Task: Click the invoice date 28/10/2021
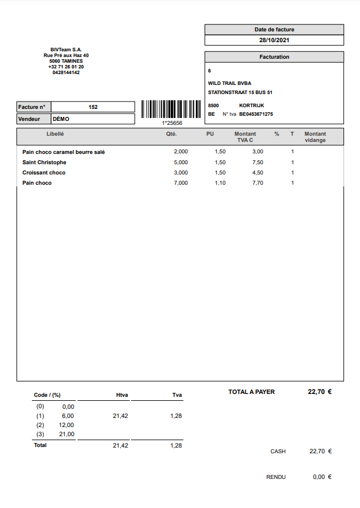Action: [x=274, y=40]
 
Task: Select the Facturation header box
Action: [x=274, y=57]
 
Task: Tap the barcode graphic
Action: [x=171, y=109]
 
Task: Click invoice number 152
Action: [x=93, y=107]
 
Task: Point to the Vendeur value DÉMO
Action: [x=60, y=119]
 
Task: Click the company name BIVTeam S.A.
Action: [x=66, y=50]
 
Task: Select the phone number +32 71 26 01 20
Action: [x=66, y=67]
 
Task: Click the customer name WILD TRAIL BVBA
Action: [x=230, y=83]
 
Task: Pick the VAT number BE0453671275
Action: [x=256, y=114]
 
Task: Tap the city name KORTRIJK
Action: [x=251, y=105]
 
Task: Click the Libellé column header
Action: [x=55, y=134]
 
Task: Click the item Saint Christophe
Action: [x=44, y=162]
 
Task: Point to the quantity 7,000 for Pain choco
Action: [x=181, y=183]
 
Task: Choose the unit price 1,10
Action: [x=220, y=183]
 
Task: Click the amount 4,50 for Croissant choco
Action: [x=257, y=173]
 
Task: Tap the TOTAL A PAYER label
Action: [x=251, y=392]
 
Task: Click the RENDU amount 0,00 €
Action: [x=322, y=477]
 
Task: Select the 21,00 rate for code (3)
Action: [x=66, y=434]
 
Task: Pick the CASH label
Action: [x=278, y=452]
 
